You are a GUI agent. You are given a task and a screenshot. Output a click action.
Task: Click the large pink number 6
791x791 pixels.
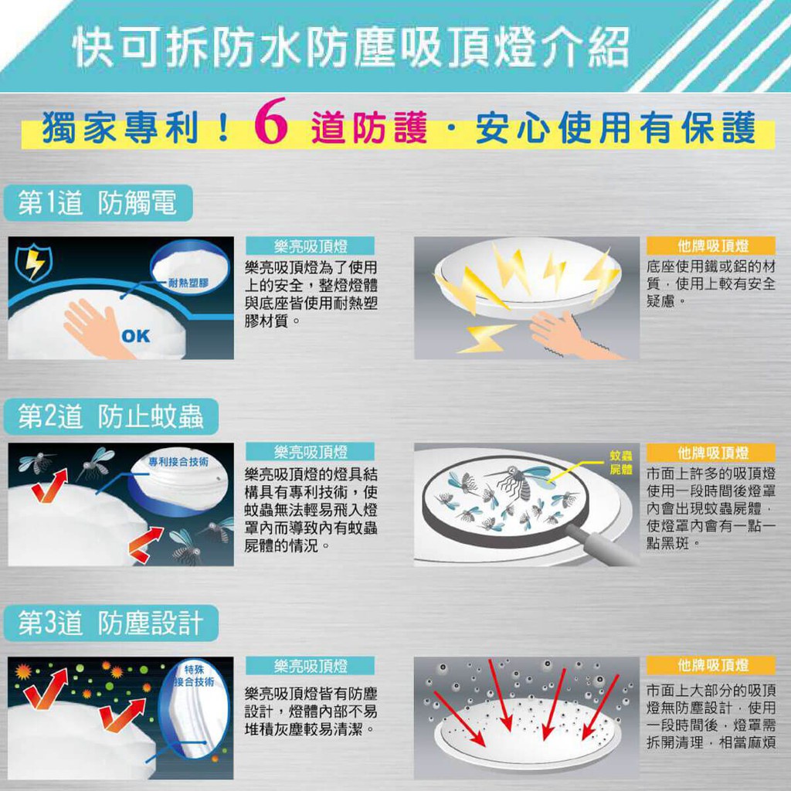click(x=271, y=121)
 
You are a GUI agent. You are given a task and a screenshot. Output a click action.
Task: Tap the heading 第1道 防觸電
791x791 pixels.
click(x=98, y=203)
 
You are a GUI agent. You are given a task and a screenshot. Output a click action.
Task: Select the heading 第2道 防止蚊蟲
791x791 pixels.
click(x=111, y=416)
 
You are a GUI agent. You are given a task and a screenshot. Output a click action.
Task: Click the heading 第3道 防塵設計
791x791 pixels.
click(x=111, y=623)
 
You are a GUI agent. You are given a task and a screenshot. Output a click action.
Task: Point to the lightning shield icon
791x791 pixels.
click(x=33, y=263)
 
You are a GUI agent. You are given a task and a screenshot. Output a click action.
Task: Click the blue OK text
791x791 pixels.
click(x=136, y=336)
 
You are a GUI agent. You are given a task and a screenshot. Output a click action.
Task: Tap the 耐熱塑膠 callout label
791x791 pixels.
click(x=188, y=283)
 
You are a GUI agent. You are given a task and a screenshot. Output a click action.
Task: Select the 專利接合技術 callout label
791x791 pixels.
click(x=178, y=462)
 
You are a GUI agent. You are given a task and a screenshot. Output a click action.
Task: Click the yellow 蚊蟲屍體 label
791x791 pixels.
click(x=620, y=463)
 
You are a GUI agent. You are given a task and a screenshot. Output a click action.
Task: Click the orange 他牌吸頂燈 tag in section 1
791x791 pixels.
click(x=711, y=246)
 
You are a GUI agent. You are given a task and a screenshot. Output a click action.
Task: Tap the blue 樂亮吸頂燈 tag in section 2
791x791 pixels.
click(x=311, y=451)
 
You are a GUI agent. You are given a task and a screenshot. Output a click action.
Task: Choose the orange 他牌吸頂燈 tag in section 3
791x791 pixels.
click(x=711, y=665)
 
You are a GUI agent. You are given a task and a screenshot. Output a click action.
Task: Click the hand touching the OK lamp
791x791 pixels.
click(x=96, y=328)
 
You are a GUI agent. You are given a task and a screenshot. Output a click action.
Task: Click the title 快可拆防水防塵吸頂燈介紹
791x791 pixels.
click(x=351, y=48)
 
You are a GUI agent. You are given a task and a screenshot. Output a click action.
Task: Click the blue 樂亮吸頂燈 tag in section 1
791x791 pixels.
click(x=311, y=246)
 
